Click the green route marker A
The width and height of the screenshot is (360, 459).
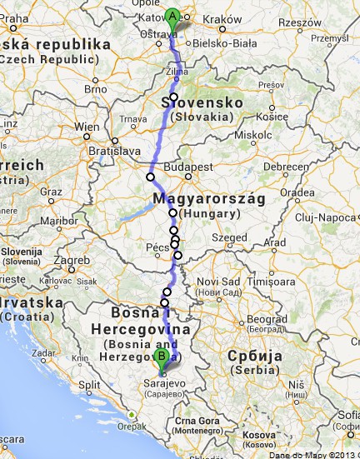coord(172,16)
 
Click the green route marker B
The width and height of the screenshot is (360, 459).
coord(162,358)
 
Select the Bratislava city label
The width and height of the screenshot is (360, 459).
coord(112,152)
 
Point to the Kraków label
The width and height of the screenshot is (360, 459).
coord(222,19)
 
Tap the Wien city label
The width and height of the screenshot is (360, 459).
coord(87,128)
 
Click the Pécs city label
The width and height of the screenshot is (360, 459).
coord(156,248)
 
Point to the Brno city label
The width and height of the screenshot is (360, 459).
coord(96,88)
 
